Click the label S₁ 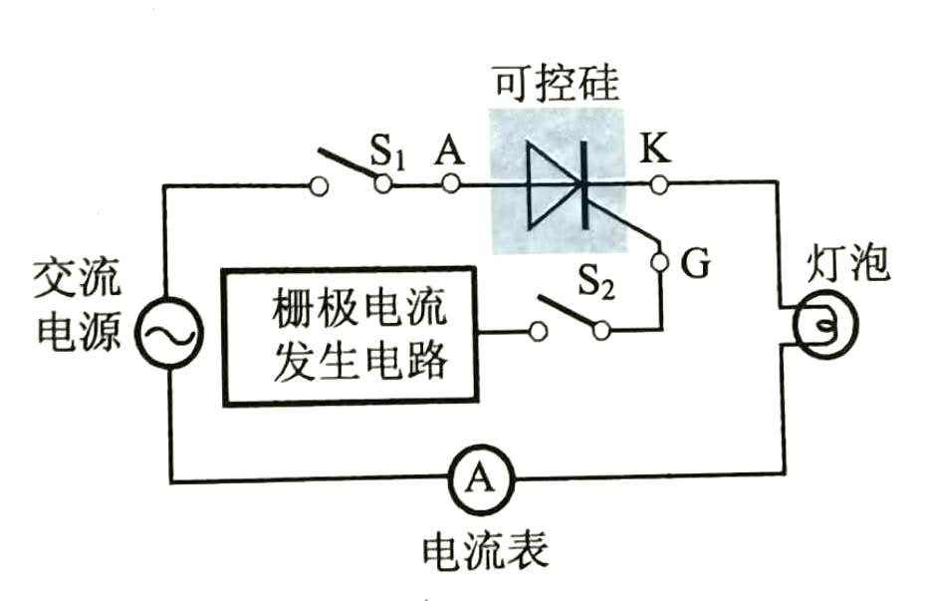pyautogui.click(x=387, y=151)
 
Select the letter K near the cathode pyautogui.click(x=656, y=148)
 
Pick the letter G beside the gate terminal pyautogui.click(x=695, y=264)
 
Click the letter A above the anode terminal pyautogui.click(x=449, y=149)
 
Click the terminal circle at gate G pyautogui.click(x=659, y=261)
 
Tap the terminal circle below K pyautogui.click(x=659, y=185)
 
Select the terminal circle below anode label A pyautogui.click(x=451, y=184)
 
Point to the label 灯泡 pyautogui.click(x=847, y=263)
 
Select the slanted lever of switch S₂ pyautogui.click(x=569, y=311)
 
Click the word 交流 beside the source pyautogui.click(x=78, y=277)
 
